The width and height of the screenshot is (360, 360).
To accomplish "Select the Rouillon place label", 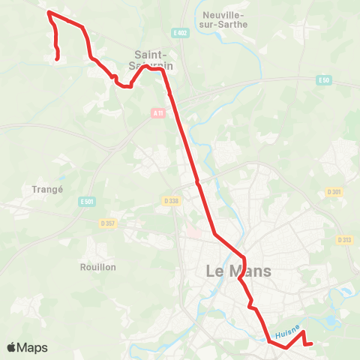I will coord(97,266).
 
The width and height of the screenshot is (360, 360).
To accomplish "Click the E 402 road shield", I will coord(178,32).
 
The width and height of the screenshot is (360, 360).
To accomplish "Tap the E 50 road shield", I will coord(323,79).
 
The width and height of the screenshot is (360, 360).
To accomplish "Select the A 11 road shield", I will coord(157,113).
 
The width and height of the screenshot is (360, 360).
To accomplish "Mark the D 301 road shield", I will coord(334,192).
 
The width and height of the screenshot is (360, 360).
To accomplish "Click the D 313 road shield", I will coord(345,240).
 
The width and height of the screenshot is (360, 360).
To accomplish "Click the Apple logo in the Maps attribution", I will coord(12,348).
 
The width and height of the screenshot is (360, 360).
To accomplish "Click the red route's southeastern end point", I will coord(310,343).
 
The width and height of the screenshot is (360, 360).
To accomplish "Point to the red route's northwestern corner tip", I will coord(49,12).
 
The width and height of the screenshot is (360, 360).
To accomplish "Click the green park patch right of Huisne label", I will coord(330,322).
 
